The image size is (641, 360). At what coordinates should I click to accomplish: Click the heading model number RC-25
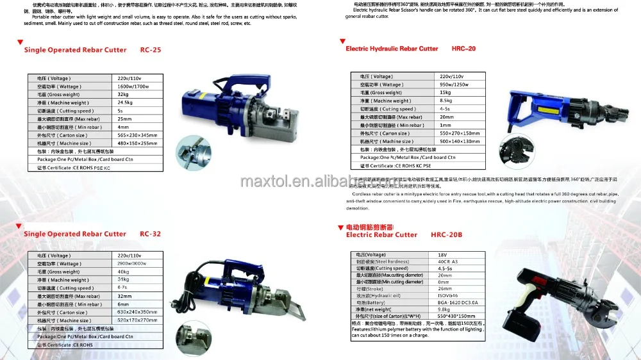click(x=151, y=50)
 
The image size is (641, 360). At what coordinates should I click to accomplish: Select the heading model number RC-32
click(x=150, y=234)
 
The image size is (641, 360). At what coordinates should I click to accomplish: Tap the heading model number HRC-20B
click(x=447, y=235)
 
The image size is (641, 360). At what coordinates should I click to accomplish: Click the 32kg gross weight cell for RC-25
click(x=123, y=94)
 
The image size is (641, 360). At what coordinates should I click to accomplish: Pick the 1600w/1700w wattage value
click(x=133, y=86)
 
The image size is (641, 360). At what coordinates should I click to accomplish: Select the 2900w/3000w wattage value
click(x=133, y=264)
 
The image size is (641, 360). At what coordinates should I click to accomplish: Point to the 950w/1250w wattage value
click(x=454, y=85)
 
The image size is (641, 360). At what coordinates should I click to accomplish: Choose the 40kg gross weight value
click(x=123, y=272)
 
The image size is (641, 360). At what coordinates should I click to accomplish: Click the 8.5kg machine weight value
click(x=445, y=101)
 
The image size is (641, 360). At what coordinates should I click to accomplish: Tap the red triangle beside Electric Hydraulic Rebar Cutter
click(x=342, y=41)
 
